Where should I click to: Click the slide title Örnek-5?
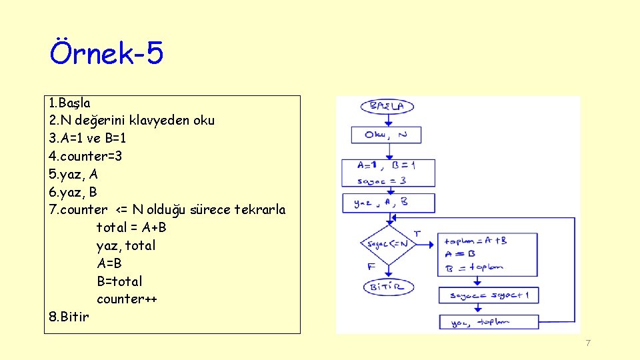(x=107, y=53)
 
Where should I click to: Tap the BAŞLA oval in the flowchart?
(x=387, y=107)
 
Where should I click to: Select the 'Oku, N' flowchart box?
(x=387, y=135)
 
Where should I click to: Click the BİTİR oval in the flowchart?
(x=388, y=287)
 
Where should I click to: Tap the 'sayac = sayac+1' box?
(x=488, y=295)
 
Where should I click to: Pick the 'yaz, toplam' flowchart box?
(x=488, y=322)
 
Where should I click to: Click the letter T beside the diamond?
(x=417, y=233)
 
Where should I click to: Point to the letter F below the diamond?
(x=371, y=267)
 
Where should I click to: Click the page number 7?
(x=587, y=343)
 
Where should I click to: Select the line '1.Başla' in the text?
(x=70, y=103)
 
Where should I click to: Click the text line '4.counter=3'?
(x=85, y=157)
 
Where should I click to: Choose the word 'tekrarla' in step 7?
(x=261, y=210)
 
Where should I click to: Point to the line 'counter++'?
(x=127, y=299)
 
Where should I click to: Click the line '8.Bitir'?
(x=69, y=317)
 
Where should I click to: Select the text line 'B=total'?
(x=119, y=281)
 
